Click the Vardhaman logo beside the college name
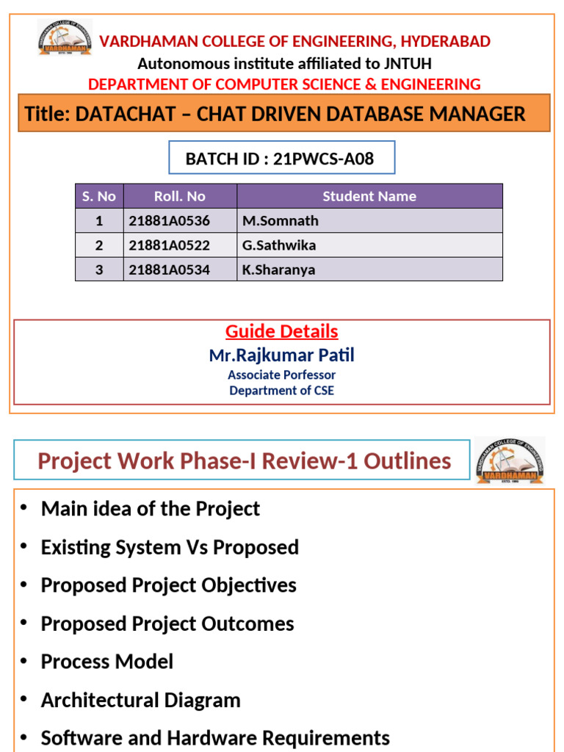point(65,38)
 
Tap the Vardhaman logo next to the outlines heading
point(510,460)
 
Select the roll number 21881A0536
point(169,221)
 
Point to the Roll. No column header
point(180,196)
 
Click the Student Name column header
point(369,196)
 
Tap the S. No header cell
point(99,196)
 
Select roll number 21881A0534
point(169,270)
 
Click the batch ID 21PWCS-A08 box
point(282,158)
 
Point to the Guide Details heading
point(282,331)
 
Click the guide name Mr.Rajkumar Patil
point(282,355)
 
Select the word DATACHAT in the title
point(124,114)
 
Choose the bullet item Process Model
point(107,662)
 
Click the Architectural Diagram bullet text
point(141,700)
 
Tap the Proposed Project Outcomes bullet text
point(167,623)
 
